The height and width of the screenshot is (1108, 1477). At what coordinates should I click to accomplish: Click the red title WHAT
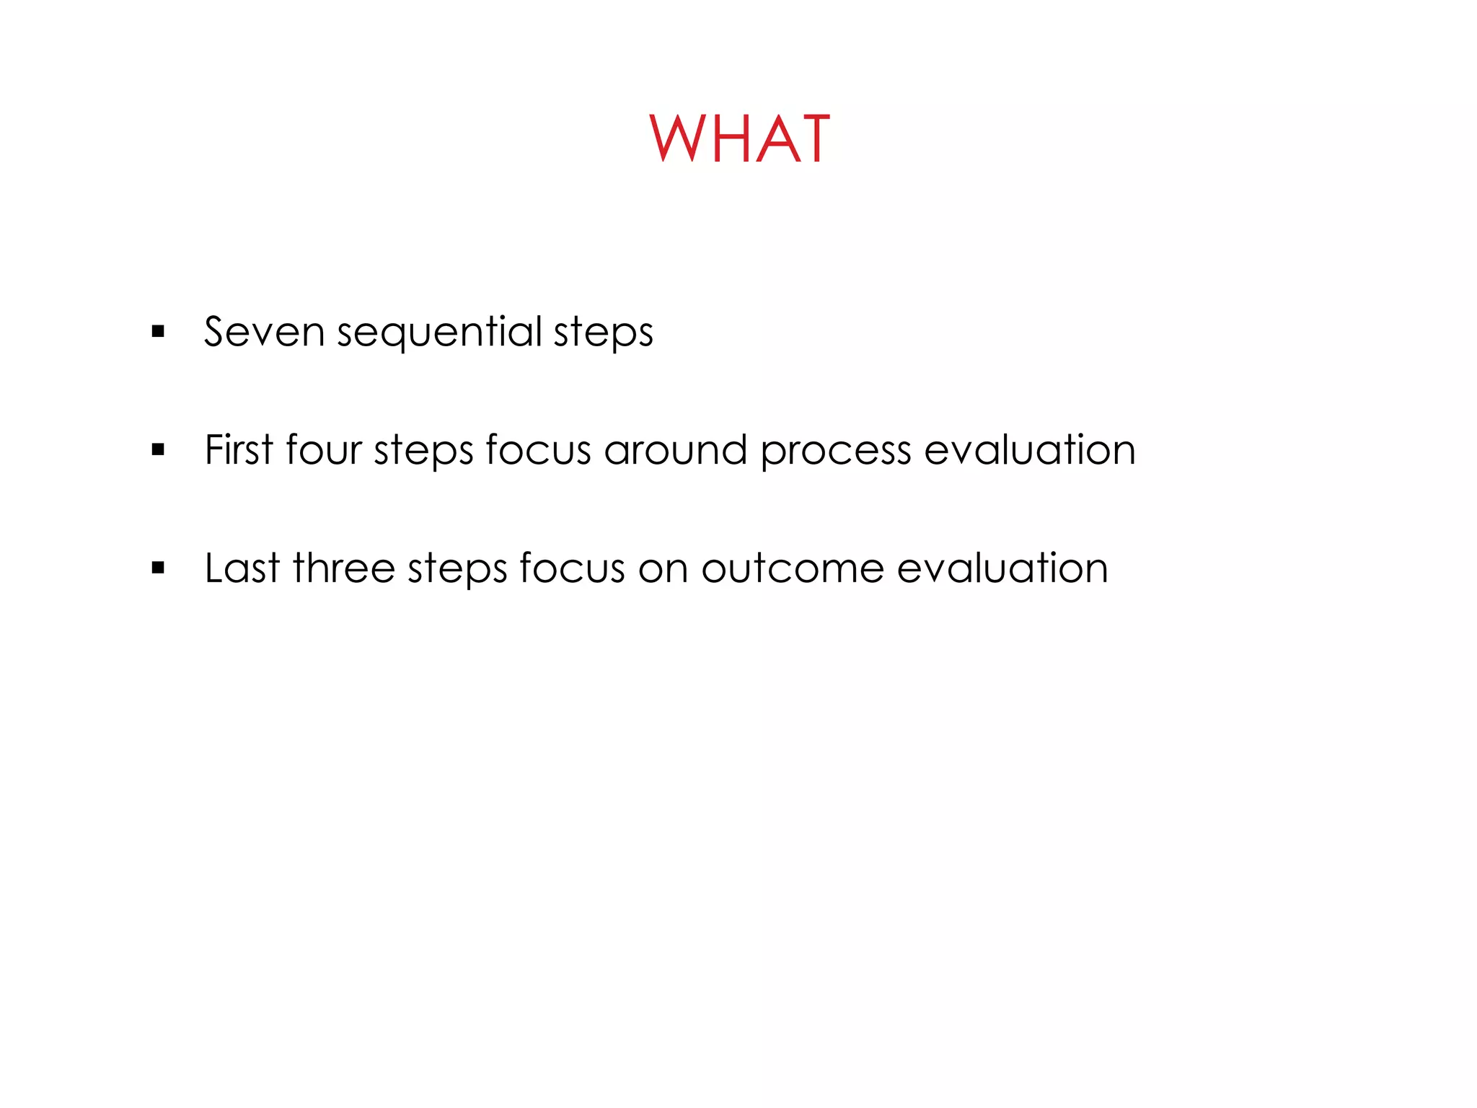tap(739, 139)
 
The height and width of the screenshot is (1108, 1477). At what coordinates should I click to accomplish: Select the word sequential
tap(439, 333)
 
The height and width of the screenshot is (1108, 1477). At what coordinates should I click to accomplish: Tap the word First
tap(239, 450)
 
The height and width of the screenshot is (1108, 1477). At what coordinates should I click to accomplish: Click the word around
tap(675, 450)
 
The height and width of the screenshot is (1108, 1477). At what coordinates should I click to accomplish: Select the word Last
tap(242, 568)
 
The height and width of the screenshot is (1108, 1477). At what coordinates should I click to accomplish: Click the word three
tap(344, 568)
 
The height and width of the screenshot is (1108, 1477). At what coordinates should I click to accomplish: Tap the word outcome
tap(793, 568)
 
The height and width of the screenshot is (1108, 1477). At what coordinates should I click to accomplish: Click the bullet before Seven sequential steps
tap(159, 332)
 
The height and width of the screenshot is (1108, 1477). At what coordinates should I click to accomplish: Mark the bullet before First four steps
tap(159, 450)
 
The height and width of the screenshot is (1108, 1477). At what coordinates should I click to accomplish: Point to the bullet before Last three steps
tap(159, 568)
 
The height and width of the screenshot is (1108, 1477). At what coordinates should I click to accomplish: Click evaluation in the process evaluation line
tap(1030, 450)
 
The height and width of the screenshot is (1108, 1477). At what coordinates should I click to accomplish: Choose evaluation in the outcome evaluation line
tap(1002, 568)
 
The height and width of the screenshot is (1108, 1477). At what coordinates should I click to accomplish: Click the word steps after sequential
tap(603, 333)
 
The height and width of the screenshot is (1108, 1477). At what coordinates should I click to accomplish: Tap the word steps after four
tap(423, 452)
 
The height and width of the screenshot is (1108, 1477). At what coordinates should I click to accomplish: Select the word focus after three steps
tap(572, 568)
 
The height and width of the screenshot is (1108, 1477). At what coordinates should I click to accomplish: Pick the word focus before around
tap(538, 450)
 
